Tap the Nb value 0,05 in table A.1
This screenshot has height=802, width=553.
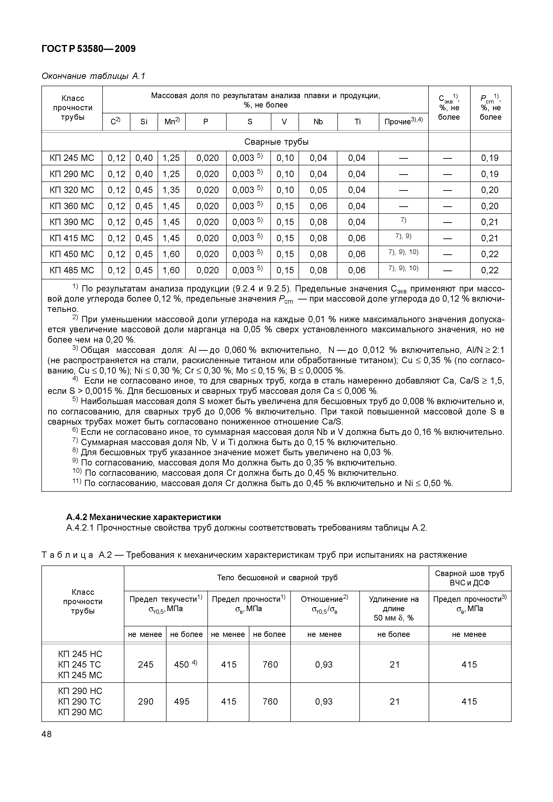[318, 190]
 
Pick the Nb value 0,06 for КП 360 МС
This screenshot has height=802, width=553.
[318, 206]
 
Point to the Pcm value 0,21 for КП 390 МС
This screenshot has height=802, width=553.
[490, 222]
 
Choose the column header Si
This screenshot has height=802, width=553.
[144, 122]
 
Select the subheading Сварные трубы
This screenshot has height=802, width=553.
[276, 142]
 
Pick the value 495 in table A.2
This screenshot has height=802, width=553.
[182, 702]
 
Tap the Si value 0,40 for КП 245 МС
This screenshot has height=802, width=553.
[144, 158]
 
